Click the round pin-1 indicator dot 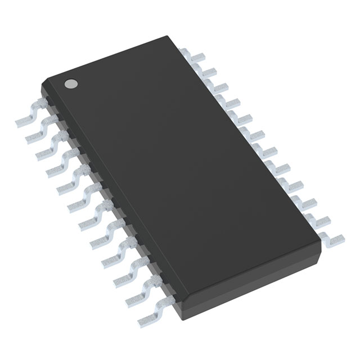pos(71,84)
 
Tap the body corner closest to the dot pos(42,84)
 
